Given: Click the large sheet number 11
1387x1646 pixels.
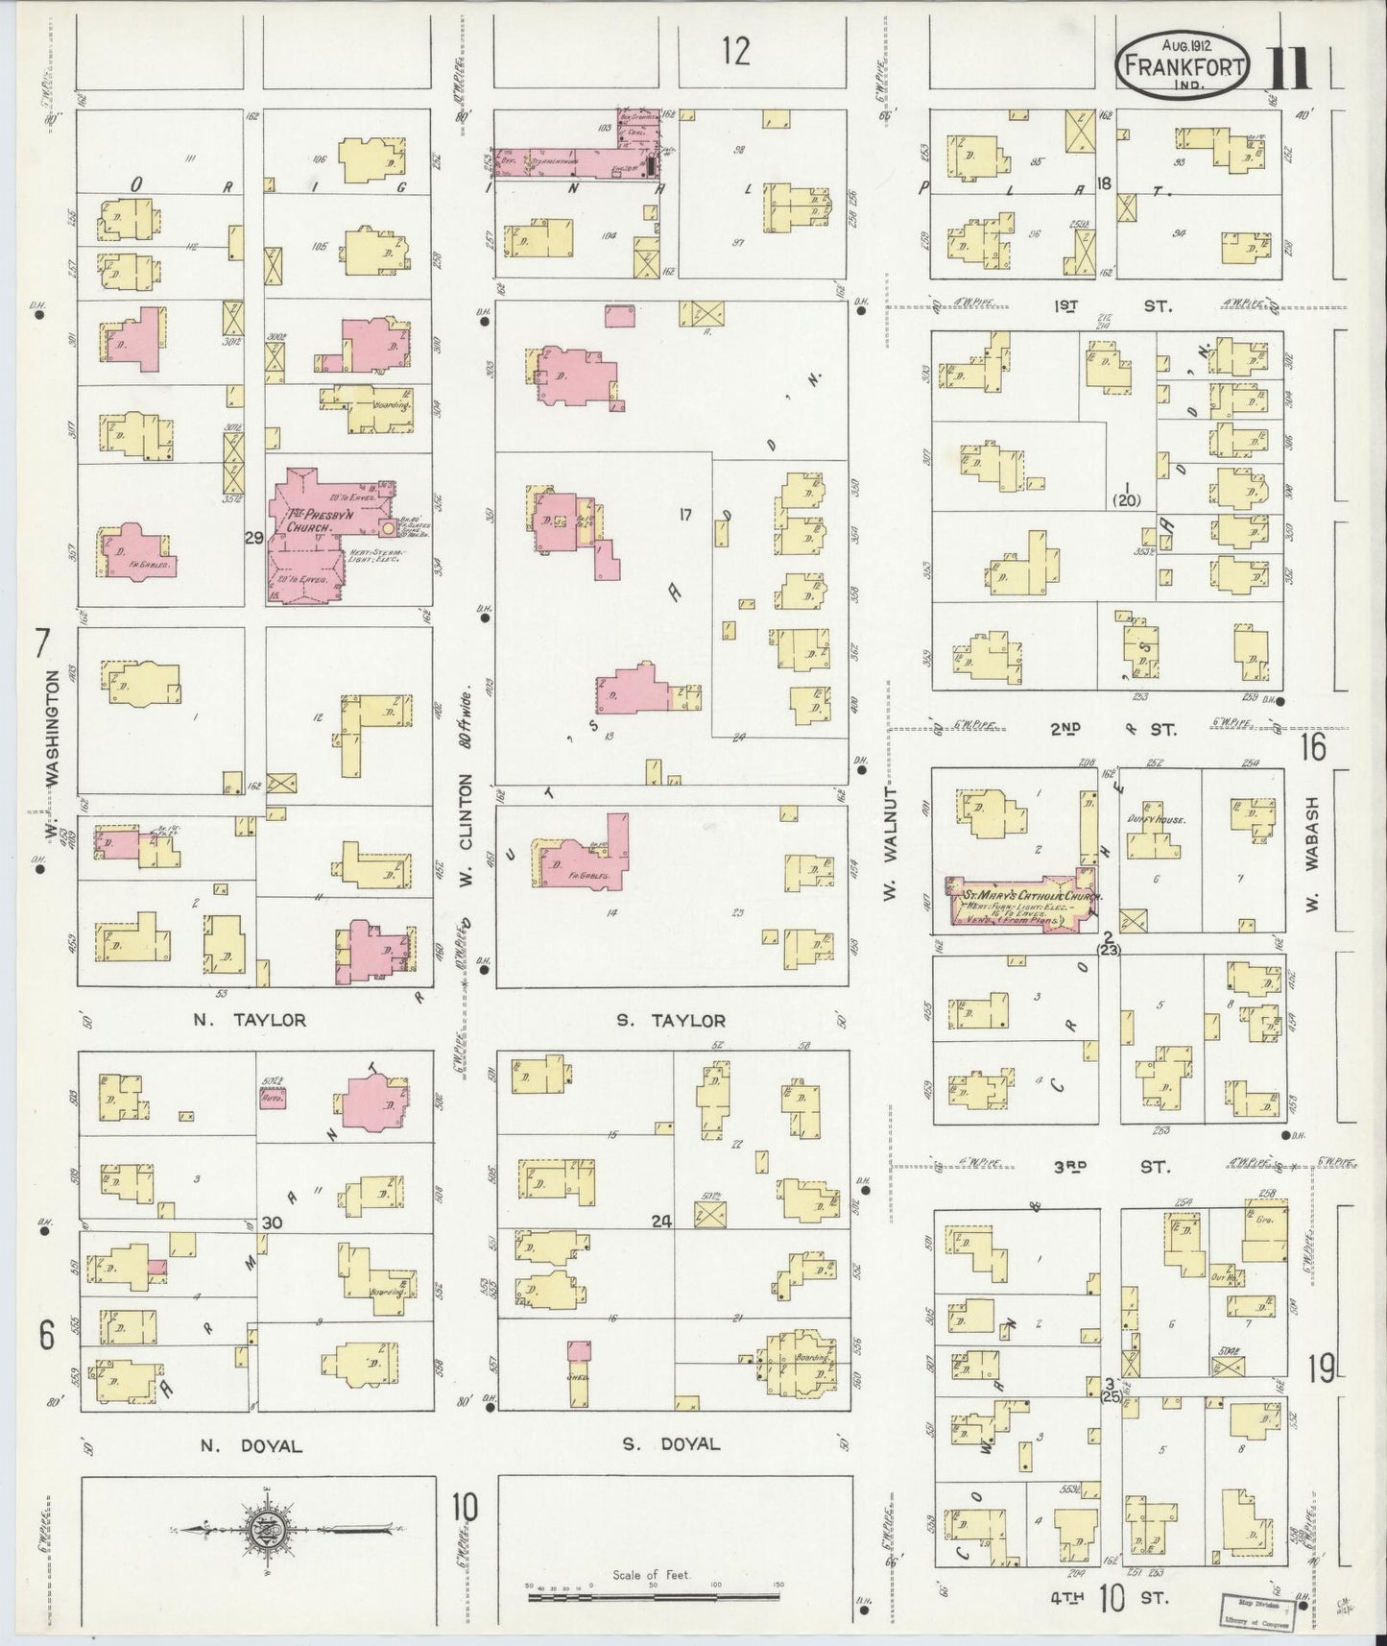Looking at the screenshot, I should tap(1292, 68).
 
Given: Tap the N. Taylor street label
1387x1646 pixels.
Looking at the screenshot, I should tap(250, 1020).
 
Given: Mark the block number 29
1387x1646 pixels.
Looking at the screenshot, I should tap(253, 538).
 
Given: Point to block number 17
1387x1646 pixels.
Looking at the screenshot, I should tap(684, 516).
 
